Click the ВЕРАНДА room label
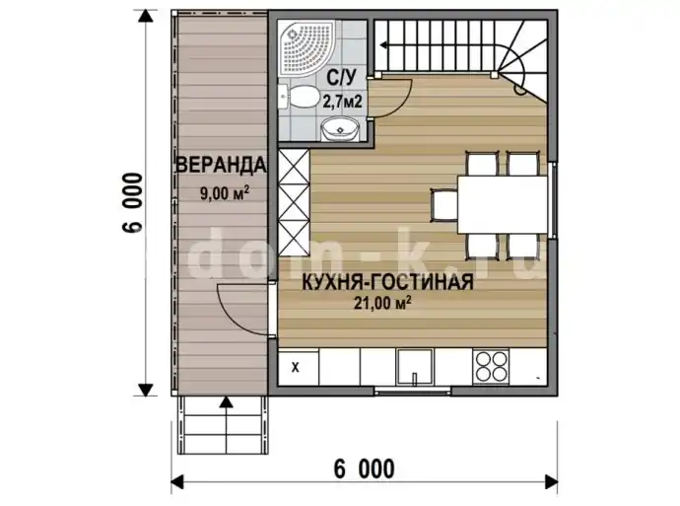pos(221,165)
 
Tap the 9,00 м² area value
pos(225,192)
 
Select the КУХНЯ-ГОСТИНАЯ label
pos(387,282)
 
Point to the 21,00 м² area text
pos(382,303)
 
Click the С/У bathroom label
pos(341,79)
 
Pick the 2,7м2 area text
pos(342,102)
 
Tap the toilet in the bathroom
pos(298,97)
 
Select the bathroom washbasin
pos(340,129)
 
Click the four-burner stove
pos(492,366)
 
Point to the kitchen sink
pos(414,367)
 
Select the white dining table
pos(503,204)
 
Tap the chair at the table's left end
pos(444,205)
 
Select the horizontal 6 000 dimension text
pos(365,469)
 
